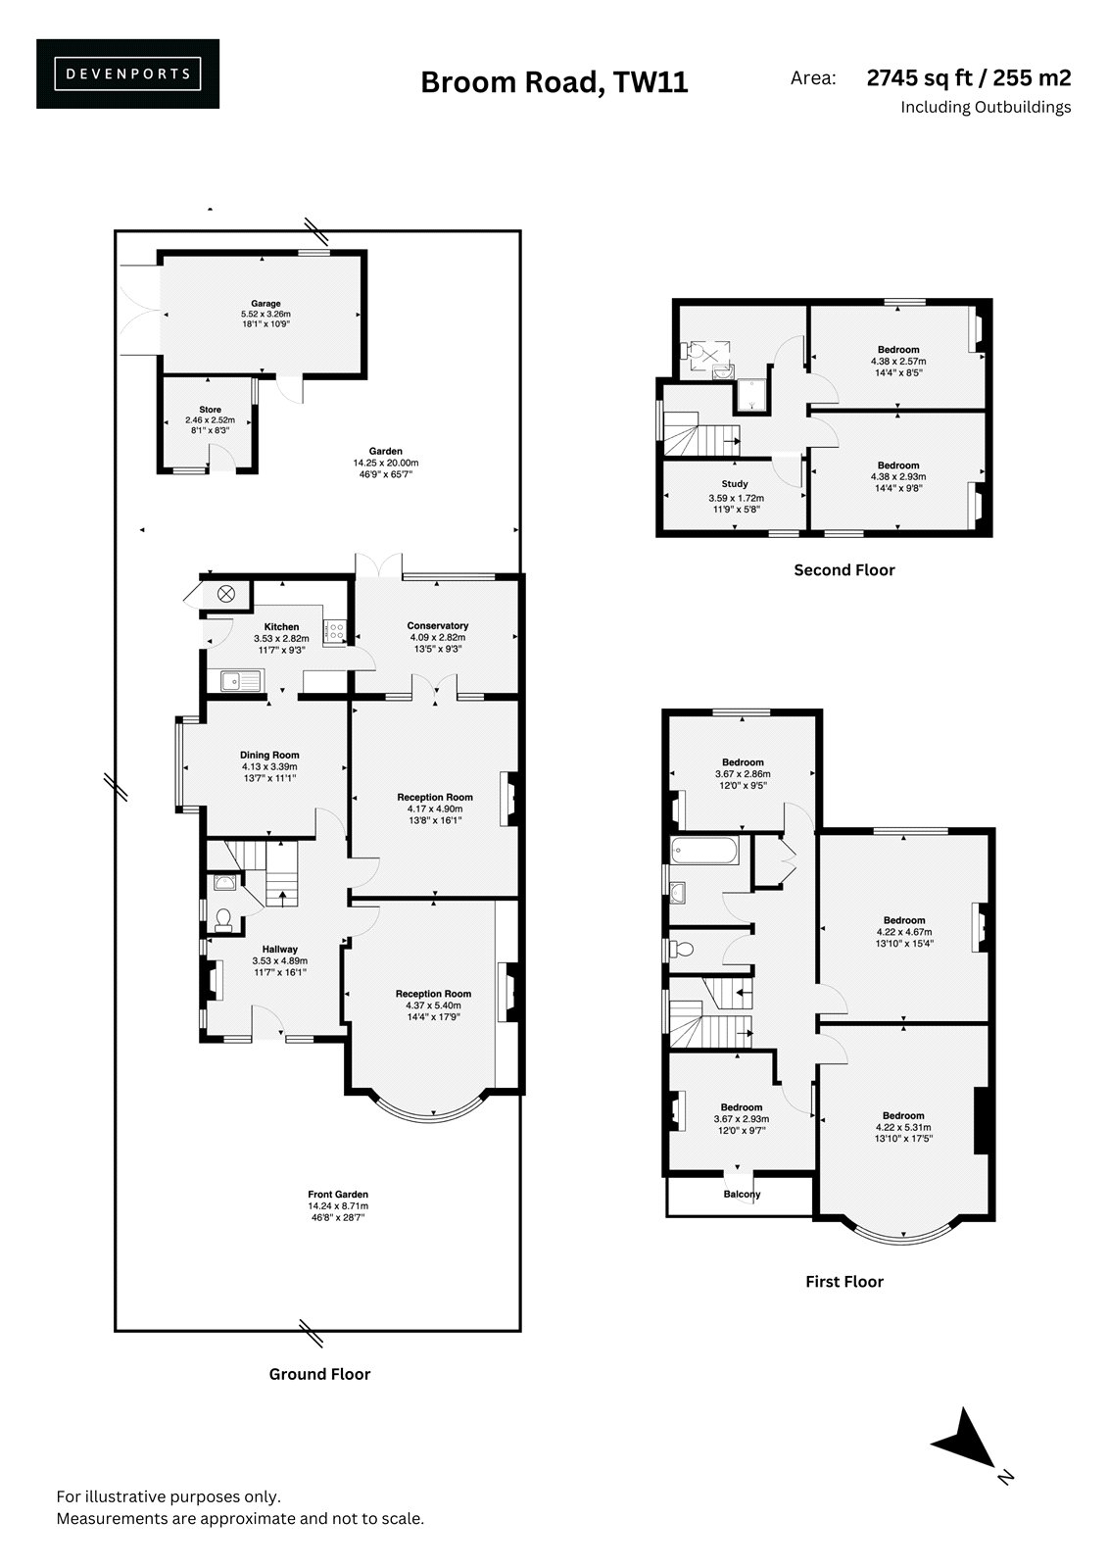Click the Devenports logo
[127, 73]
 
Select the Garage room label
[265, 304]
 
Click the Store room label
[210, 410]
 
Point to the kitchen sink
[241, 680]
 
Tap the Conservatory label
[438, 626]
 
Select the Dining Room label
[269, 755]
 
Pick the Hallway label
[280, 950]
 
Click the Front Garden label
[338, 1195]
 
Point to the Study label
[735, 484]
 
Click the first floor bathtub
[704, 851]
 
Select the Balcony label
[742, 1195]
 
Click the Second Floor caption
[844, 570]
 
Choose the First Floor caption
[844, 1282]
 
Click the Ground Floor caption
[320, 1374]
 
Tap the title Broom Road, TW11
[554, 82]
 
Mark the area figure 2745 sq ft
[919, 77]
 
